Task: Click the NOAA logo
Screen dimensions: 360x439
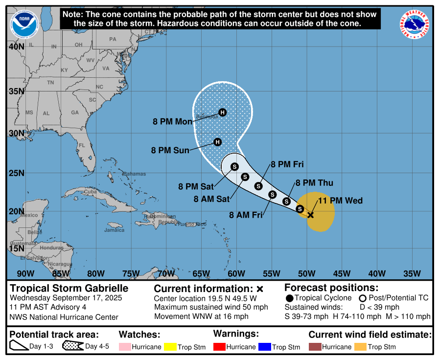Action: (x=24, y=24)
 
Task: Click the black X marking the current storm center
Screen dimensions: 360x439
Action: (x=310, y=215)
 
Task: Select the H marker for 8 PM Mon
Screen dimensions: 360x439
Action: (x=223, y=112)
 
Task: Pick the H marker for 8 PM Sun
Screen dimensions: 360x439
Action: (x=218, y=142)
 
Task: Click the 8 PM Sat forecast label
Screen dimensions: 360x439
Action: (x=196, y=186)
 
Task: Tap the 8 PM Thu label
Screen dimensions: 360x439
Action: (x=314, y=183)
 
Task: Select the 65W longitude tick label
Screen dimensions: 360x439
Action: (x=201, y=273)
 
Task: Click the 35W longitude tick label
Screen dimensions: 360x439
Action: (x=412, y=273)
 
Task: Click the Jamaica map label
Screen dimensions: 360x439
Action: (x=114, y=230)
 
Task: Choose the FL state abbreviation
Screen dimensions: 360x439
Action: (x=82, y=145)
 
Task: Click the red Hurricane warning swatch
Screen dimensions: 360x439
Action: (x=219, y=347)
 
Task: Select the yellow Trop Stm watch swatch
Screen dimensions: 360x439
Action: (x=170, y=347)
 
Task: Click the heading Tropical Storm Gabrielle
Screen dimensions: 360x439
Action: (x=69, y=288)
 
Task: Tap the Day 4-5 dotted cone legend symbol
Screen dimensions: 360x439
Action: (x=72, y=347)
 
